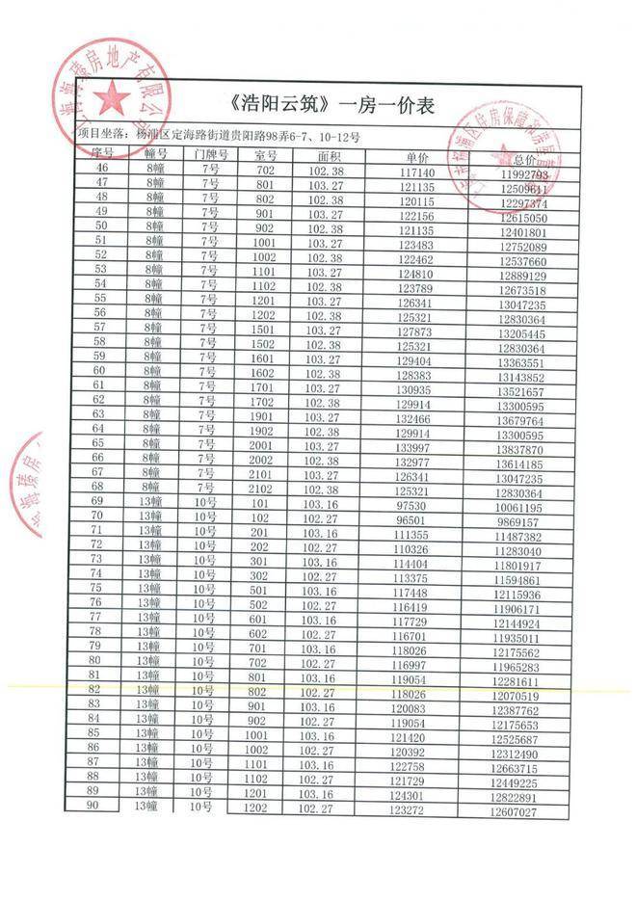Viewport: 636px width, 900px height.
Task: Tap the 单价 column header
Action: coord(416,156)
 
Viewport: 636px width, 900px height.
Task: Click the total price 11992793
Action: coord(524,175)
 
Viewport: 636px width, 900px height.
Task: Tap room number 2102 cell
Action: coord(264,489)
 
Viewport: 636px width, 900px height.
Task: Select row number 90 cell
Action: coord(94,807)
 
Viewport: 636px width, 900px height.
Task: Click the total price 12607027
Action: coord(523,812)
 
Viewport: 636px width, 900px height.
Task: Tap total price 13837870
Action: coord(523,450)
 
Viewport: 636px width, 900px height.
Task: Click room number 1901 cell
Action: coord(265,415)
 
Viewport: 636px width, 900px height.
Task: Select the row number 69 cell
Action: coord(97,501)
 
